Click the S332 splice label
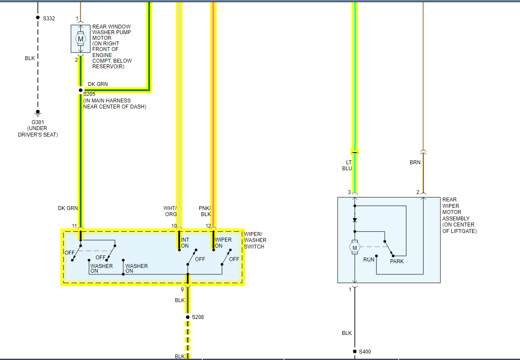(49, 19)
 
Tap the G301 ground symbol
(38, 113)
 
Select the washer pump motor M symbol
(80, 39)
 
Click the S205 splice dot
(80, 90)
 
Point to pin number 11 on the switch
(74, 226)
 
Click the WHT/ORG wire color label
(170, 211)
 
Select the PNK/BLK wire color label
(205, 211)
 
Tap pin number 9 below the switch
(182, 290)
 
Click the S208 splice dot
(188, 317)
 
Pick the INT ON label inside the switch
(185, 243)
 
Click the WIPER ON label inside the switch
(223, 243)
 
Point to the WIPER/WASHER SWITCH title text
(255, 240)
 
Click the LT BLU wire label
(347, 166)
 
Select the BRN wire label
(415, 162)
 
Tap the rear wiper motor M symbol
(355, 247)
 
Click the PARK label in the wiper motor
(397, 261)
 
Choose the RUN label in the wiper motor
(369, 260)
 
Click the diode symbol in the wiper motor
(355, 220)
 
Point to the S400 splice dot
(355, 352)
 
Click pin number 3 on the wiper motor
(349, 192)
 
